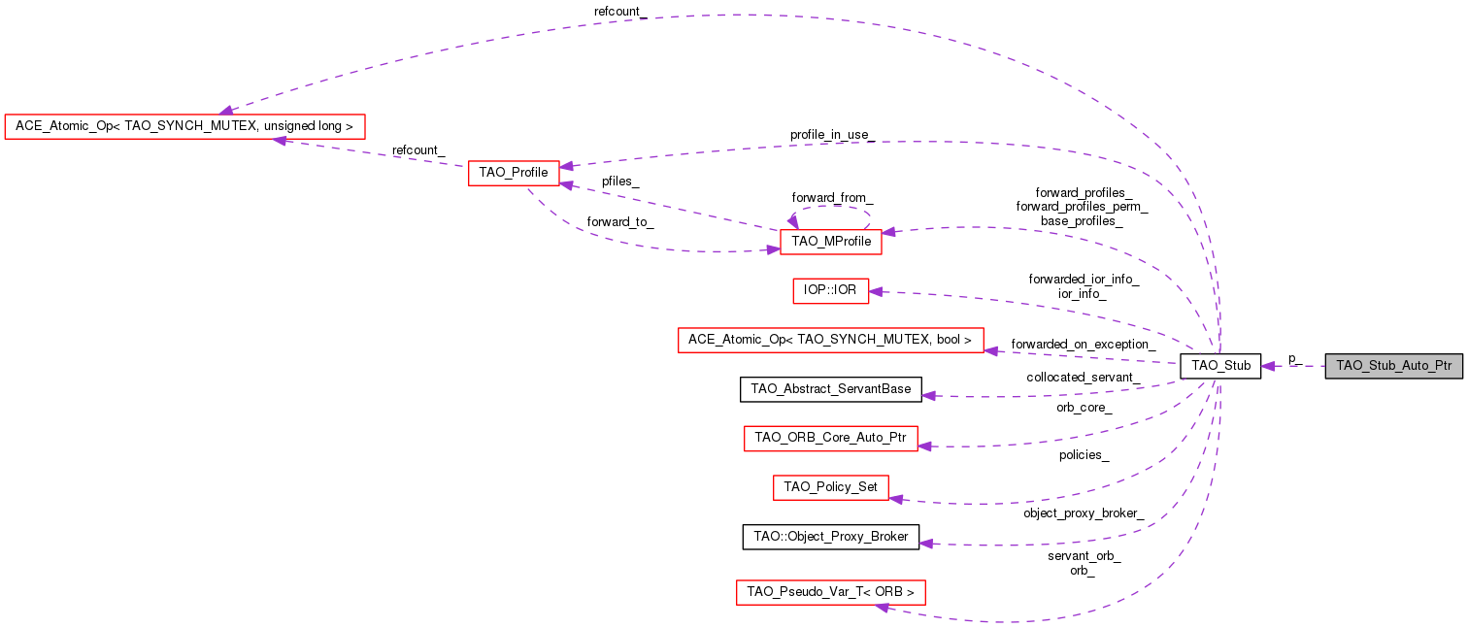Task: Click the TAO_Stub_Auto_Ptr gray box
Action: pos(1393,366)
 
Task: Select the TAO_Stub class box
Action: pos(1219,366)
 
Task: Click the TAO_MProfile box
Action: pos(830,241)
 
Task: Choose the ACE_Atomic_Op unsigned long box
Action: pos(184,126)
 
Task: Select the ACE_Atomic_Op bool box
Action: pos(829,340)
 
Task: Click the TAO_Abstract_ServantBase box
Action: pos(831,389)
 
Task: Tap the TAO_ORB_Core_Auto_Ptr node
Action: pos(830,439)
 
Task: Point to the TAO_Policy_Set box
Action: pos(830,487)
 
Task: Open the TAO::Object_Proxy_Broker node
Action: pos(830,537)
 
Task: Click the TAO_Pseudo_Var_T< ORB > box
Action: pos(830,591)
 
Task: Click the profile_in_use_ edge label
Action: pos(831,134)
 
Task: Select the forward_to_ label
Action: pos(620,221)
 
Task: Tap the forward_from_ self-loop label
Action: pos(832,197)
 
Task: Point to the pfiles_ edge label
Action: pos(620,181)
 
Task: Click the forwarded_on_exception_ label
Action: pos(1083,344)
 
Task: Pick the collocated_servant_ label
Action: pos(1083,377)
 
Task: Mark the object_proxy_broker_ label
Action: pos(1083,512)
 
